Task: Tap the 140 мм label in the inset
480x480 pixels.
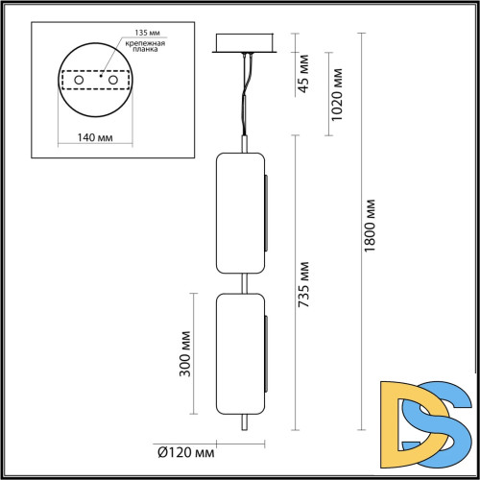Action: (x=93, y=138)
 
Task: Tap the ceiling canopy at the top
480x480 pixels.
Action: (x=248, y=44)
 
